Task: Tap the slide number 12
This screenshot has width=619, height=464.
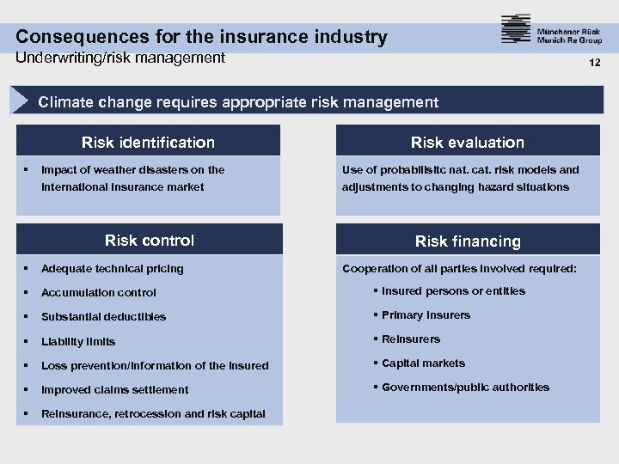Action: (594, 63)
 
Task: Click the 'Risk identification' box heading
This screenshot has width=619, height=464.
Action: (148, 143)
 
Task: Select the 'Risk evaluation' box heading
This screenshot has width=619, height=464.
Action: (467, 143)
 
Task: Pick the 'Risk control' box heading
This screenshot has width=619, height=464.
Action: (149, 241)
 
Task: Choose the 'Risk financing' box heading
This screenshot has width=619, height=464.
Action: (468, 241)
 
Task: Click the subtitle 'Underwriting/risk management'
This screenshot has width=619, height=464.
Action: (120, 58)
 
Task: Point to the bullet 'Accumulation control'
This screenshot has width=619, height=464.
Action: (99, 292)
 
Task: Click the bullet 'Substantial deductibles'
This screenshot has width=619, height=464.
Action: (103, 316)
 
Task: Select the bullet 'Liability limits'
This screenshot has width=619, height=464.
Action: (78, 341)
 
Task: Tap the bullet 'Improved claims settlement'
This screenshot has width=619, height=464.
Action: (114, 389)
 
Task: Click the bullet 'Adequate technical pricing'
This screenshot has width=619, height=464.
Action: (112, 268)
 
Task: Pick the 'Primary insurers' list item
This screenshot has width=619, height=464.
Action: (426, 315)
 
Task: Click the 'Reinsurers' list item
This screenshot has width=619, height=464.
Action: (410, 339)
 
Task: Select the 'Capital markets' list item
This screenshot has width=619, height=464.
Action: (423, 363)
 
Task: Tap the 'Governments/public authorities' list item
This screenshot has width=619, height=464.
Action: (465, 388)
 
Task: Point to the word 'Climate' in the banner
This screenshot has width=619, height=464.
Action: (66, 102)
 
